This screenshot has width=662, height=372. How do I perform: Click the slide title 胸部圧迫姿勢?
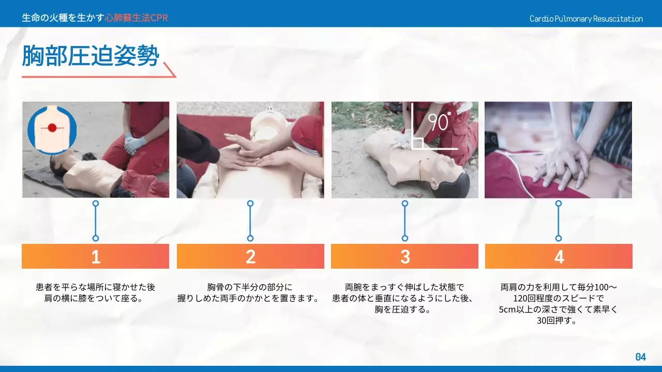click(x=90, y=56)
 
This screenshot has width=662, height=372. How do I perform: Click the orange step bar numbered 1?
click(x=95, y=256)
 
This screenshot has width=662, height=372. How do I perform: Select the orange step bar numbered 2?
click(x=250, y=256)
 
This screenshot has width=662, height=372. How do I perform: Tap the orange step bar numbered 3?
click(x=404, y=256)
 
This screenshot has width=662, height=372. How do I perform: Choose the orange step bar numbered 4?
click(x=559, y=256)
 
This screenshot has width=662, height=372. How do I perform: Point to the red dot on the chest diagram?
click(x=52, y=128)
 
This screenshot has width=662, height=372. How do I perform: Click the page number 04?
click(x=640, y=357)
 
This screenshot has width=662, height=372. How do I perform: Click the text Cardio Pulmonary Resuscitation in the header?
click(x=586, y=19)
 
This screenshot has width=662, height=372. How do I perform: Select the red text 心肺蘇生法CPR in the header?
click(x=136, y=18)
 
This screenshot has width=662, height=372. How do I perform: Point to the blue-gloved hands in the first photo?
click(x=134, y=143)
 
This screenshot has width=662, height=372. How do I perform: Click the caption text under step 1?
click(x=95, y=292)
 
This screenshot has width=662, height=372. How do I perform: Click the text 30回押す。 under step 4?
click(x=559, y=321)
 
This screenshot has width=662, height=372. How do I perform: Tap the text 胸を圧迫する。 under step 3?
click(x=404, y=309)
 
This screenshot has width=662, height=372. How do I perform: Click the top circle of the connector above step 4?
click(x=559, y=204)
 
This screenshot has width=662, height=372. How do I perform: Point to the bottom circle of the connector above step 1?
click(x=95, y=238)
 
